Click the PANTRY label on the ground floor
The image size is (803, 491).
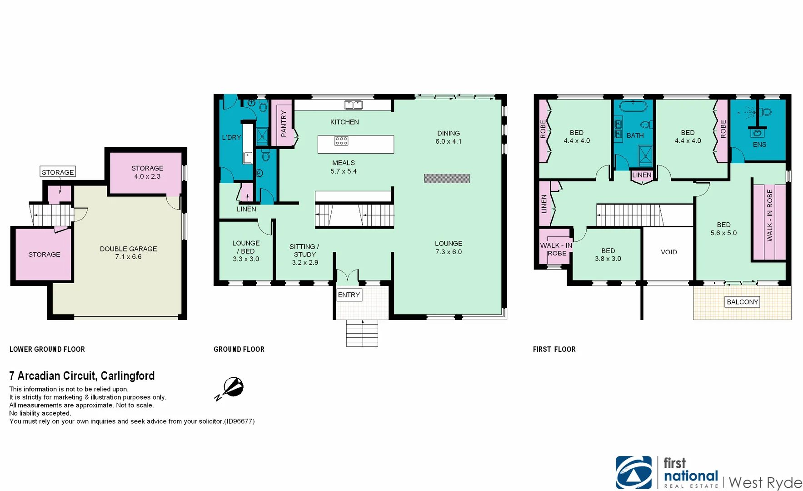click(284, 123)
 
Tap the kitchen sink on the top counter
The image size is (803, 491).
click(353, 105)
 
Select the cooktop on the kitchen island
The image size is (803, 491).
click(341, 141)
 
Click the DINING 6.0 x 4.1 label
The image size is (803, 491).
click(448, 137)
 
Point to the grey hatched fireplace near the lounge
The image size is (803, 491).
click(447, 179)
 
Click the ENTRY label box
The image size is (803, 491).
click(349, 295)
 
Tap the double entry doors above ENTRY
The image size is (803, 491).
click(347, 275)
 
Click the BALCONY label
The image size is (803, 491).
click(742, 302)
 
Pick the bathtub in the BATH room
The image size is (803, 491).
click(633, 107)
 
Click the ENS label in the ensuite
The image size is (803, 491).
click(759, 145)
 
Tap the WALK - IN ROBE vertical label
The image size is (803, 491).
click(769, 215)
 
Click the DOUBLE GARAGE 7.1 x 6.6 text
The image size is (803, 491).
click(128, 253)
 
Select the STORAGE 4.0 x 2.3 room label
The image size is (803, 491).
click(147, 172)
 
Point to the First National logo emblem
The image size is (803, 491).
click(633, 472)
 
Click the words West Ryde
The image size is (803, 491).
click(765, 482)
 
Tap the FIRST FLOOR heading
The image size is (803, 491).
click(554, 349)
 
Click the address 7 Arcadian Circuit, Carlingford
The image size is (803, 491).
click(82, 376)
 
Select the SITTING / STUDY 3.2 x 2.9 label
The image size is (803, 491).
click(304, 255)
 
